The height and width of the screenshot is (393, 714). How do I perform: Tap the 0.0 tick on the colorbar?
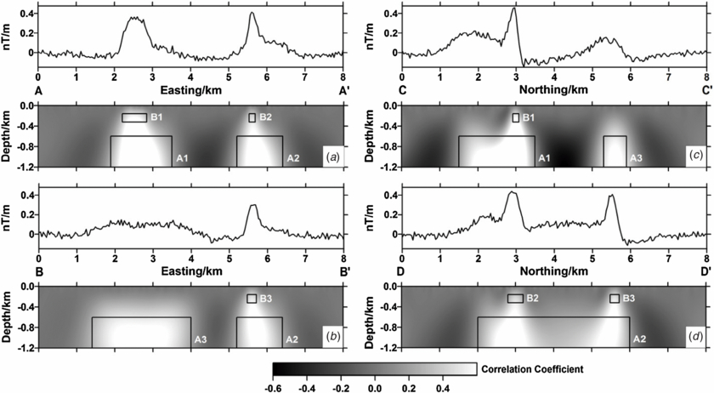(374, 385)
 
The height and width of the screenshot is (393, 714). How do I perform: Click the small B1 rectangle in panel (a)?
(133, 118)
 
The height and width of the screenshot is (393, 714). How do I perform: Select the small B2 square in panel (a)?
(252, 117)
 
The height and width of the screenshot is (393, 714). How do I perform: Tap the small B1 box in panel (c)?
(516, 117)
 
